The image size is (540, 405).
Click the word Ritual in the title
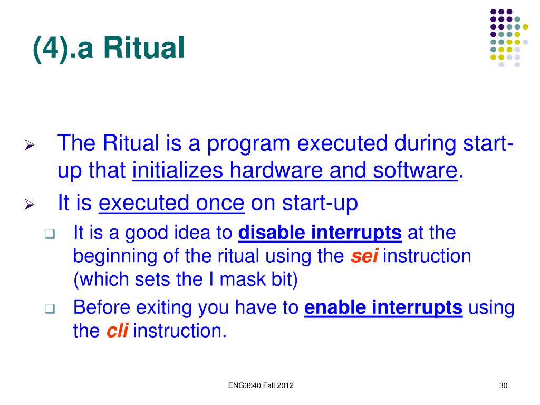pos(144,48)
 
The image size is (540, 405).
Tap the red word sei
pos(364,256)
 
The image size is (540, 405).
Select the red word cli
pos(117,331)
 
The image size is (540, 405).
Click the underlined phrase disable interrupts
pos(320,233)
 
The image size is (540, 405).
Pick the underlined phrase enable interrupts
pos(383,307)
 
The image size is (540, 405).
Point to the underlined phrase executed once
pos(171,203)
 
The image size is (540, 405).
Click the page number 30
pos(503,385)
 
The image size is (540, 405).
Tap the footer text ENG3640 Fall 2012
pos(261,385)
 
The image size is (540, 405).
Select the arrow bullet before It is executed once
pos(30,205)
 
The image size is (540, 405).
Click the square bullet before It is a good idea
pos(50,234)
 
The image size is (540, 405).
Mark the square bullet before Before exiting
pos(50,308)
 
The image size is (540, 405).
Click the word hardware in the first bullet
pos(276,170)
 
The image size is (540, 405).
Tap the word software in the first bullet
pos(416,170)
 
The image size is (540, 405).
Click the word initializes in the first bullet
pos(178,170)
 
